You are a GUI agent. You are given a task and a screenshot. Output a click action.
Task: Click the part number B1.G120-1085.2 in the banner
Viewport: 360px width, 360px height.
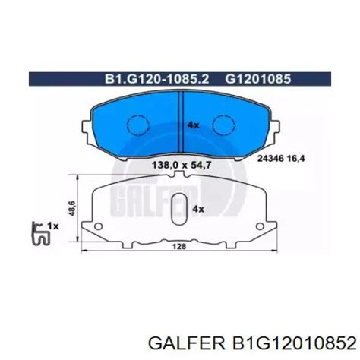point(157,79)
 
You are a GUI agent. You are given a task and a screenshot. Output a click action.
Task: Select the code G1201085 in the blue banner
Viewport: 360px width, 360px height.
point(258,79)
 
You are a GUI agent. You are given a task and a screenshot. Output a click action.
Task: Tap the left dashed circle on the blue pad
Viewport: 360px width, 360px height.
point(137,125)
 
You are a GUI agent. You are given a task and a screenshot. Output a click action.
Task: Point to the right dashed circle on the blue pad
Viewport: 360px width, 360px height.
point(224,125)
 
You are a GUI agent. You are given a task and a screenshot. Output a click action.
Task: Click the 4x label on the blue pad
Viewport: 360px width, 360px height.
point(193,125)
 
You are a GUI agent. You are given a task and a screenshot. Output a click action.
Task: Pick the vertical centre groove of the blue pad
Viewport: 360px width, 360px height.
point(180,122)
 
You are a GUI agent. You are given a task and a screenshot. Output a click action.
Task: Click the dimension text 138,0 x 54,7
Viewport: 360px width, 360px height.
point(182,166)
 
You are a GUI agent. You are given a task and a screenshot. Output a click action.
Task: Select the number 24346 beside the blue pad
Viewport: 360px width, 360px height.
point(270,159)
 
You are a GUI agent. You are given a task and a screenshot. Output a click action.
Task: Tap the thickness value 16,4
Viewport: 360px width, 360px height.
point(295,159)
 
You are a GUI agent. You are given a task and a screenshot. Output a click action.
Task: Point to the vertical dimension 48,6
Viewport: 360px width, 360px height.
point(72,208)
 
